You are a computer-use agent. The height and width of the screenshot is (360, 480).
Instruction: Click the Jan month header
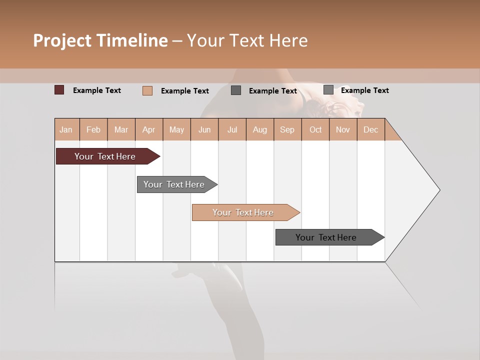(66, 129)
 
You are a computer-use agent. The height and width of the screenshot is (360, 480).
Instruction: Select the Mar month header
(121, 129)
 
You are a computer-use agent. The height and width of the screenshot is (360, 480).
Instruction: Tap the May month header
(176, 129)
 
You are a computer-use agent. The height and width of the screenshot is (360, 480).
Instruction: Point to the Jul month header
(232, 129)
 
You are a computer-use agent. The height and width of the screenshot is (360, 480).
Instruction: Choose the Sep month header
(287, 129)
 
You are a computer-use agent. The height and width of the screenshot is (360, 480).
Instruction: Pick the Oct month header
(315, 129)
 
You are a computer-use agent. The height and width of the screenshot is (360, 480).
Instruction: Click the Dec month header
(370, 129)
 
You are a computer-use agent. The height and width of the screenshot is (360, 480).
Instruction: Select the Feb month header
(93, 129)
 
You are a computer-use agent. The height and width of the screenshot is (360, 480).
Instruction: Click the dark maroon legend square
(59, 90)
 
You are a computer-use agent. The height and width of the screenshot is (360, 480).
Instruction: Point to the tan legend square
(147, 90)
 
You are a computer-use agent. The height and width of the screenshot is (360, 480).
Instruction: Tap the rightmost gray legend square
(328, 90)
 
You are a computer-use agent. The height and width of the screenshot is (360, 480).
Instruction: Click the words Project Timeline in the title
(100, 40)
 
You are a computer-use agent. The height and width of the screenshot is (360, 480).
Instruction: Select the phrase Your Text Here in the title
(247, 40)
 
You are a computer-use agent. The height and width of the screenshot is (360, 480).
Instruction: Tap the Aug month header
(259, 129)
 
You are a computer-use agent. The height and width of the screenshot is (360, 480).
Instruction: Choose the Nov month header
(342, 129)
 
